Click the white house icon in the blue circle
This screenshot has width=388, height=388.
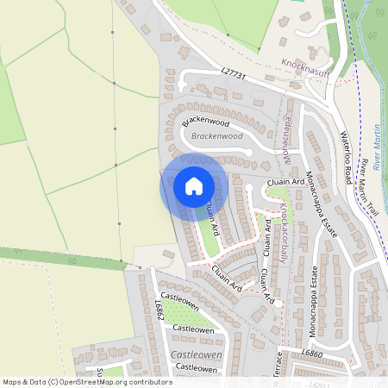(x=193, y=185)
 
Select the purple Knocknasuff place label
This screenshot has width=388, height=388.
(x=306, y=64)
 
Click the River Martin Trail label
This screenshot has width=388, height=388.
(x=370, y=186)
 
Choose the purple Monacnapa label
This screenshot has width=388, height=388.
(x=288, y=139)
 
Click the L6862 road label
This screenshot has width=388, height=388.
(x=160, y=310)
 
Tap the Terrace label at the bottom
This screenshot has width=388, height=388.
(x=278, y=366)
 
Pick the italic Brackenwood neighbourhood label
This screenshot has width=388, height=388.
(x=216, y=136)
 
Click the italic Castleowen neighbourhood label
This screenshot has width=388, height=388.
(x=196, y=355)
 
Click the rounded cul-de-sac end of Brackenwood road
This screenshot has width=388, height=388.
(x=249, y=152)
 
